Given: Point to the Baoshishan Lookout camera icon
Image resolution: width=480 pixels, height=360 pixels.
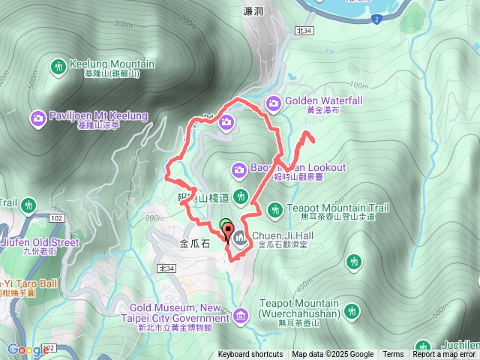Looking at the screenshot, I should pos(238,169).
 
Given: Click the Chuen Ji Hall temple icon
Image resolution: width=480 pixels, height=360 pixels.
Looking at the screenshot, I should pos(240,239).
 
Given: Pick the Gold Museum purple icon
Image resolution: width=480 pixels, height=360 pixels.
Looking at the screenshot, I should pos(240,315).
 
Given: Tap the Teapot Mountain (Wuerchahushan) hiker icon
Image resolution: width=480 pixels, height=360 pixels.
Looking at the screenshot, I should pos(352,312).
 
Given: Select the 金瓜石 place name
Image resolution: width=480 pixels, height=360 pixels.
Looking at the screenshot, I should pos(194,244).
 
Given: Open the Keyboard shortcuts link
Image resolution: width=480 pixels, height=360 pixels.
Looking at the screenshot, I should pos(250,355).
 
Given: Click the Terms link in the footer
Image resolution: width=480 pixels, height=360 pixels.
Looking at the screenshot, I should pos(393,355).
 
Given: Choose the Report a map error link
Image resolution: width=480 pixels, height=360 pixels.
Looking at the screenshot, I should pos(444,355).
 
